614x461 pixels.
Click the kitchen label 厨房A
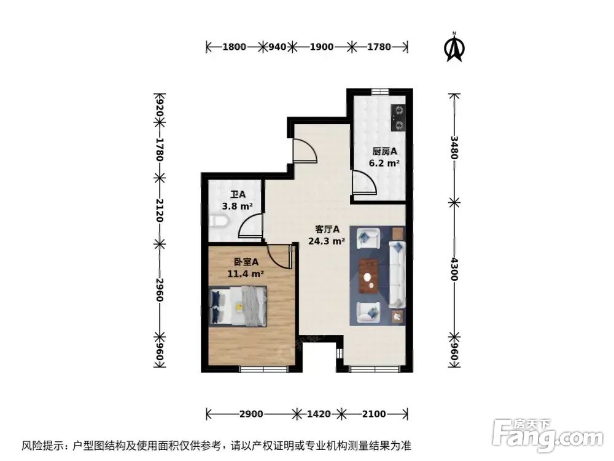coord(384,151)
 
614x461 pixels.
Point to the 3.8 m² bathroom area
coord(234,207)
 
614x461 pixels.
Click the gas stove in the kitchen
coord(398,117)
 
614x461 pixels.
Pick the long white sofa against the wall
coord(397,274)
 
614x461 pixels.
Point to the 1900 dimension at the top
coord(322,47)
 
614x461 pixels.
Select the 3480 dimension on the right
coord(454,148)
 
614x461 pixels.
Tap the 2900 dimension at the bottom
coord(251,413)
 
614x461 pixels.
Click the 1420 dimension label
coord(319,413)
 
